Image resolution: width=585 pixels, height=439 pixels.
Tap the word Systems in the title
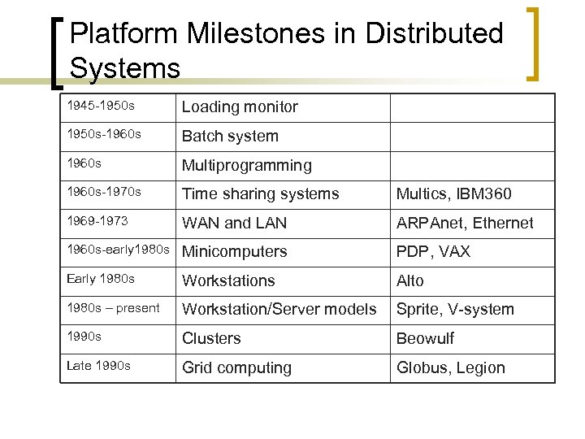click(124, 67)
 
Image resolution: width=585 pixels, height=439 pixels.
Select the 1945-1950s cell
click(101, 106)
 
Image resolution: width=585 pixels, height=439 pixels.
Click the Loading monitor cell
click(240, 107)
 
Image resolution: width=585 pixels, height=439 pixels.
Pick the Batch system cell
click(230, 137)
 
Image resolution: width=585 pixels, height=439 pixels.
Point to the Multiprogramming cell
click(246, 166)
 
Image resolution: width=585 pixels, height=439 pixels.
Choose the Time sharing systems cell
click(260, 194)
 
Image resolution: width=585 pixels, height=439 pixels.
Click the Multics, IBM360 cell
click(453, 194)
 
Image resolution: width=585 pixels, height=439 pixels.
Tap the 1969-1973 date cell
click(97, 221)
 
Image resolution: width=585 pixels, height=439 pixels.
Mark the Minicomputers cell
click(234, 252)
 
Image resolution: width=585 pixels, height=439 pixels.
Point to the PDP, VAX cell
click(433, 252)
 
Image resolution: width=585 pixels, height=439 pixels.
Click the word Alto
click(410, 280)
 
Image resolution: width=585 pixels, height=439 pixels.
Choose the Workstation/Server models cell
click(279, 310)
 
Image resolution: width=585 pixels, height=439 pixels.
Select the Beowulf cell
click(425, 339)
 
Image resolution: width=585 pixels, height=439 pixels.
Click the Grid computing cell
click(236, 368)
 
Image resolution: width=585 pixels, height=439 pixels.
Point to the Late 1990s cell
click(98, 366)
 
